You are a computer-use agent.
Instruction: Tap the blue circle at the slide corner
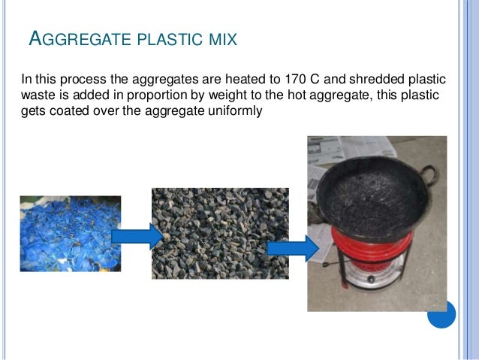pyautogui.click(x=441, y=315)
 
